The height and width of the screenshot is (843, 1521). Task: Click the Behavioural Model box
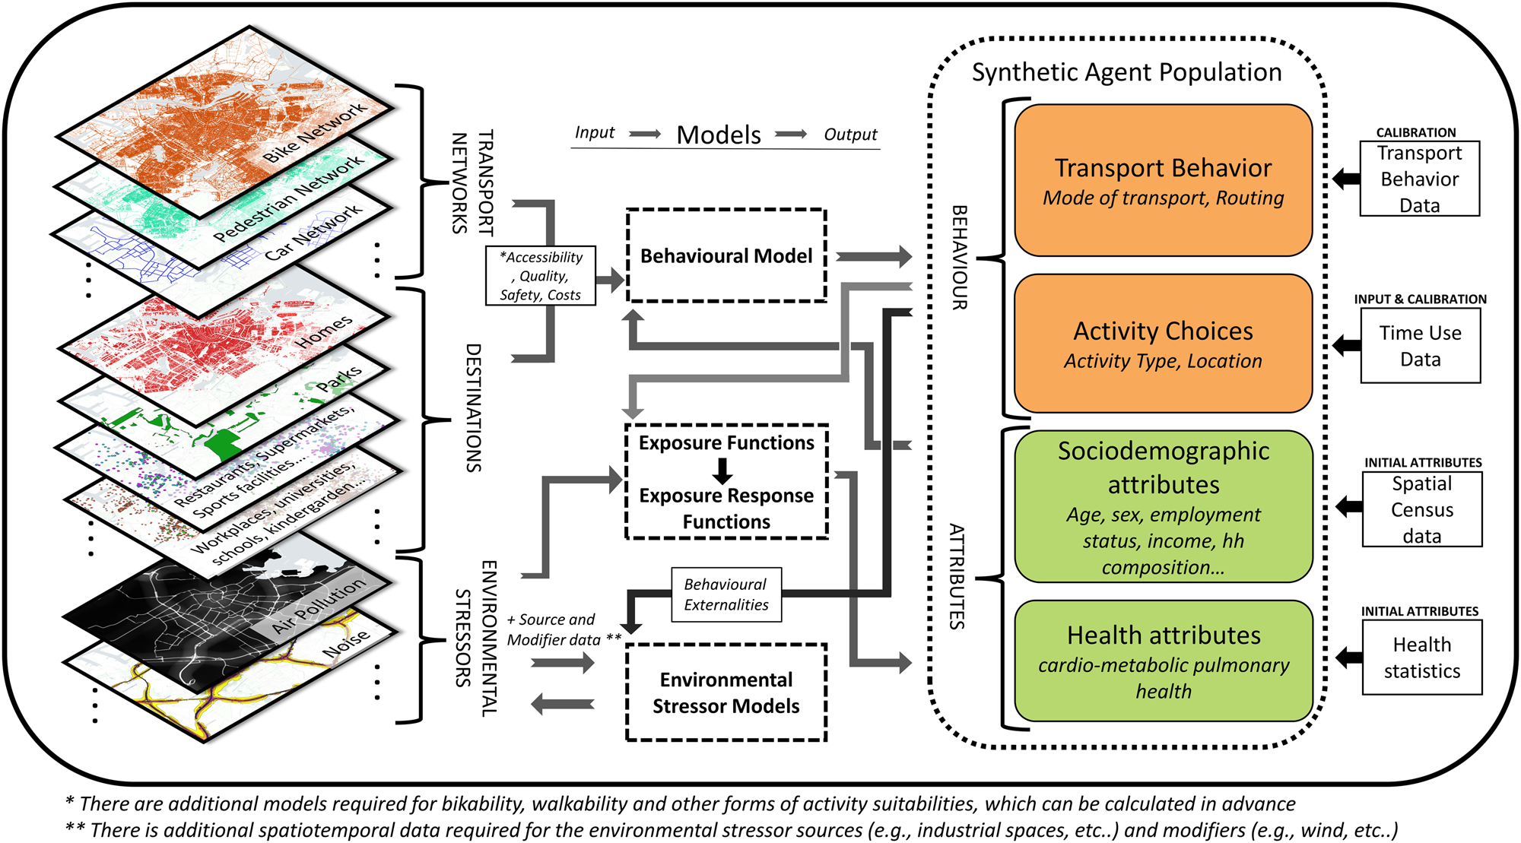click(x=726, y=256)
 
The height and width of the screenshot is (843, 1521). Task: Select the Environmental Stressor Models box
click(x=726, y=692)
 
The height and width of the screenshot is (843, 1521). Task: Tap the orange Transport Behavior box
click(x=1163, y=181)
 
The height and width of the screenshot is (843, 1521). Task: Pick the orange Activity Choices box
click(x=1163, y=344)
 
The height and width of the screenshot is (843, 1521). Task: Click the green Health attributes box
click(x=1163, y=661)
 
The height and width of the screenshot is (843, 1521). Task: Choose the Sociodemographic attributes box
click(x=1163, y=506)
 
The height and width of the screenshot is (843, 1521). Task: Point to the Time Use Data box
click(x=1420, y=346)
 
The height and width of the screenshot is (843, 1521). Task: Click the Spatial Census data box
click(x=1421, y=509)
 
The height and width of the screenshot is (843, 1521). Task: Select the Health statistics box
click(x=1421, y=658)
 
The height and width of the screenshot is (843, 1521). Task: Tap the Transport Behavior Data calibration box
click(x=1419, y=179)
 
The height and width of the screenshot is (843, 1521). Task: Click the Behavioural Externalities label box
click(x=726, y=594)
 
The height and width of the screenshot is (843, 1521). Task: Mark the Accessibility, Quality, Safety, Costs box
click(x=541, y=276)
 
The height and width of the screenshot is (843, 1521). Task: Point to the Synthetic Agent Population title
click(x=1126, y=72)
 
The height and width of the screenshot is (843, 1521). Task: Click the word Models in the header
click(x=719, y=135)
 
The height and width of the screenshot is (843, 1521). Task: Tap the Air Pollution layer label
click(x=319, y=606)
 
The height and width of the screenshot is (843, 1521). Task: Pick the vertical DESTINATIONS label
click(x=473, y=407)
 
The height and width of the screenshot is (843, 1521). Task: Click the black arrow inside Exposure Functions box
click(x=723, y=471)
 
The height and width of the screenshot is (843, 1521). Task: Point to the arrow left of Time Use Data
click(x=1347, y=346)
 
